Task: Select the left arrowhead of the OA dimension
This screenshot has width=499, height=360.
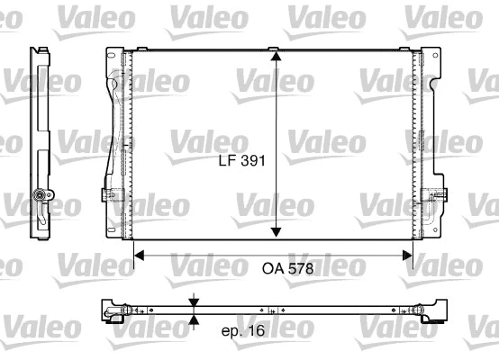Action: point(139,256)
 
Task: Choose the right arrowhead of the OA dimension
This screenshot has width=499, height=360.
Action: point(407,256)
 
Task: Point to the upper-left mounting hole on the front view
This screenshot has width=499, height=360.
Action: point(113,58)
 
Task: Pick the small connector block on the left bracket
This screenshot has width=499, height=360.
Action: point(109,193)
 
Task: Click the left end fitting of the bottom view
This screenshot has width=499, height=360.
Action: point(114,311)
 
